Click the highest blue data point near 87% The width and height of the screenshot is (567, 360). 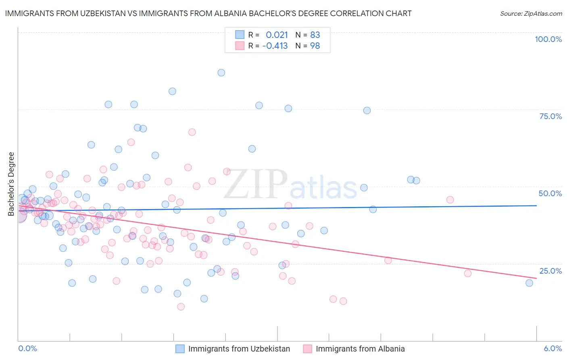[221, 73]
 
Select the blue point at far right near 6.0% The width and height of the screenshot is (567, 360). [529, 283]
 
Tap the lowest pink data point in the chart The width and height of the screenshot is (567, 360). [181, 307]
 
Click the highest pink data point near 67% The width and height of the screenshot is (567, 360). [192, 132]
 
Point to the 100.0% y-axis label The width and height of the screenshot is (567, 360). [548, 39]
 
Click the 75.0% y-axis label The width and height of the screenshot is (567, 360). [550, 116]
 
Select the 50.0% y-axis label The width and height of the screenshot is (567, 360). [550, 193]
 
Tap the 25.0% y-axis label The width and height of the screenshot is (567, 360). [550, 270]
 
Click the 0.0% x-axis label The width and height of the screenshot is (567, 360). [27, 348]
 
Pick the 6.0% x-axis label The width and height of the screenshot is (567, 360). [552, 348]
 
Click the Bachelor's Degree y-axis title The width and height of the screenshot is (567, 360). [11, 184]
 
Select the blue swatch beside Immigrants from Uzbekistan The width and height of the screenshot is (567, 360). [180, 349]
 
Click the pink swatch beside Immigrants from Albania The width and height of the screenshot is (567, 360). [307, 349]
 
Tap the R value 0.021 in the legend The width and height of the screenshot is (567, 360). [277, 35]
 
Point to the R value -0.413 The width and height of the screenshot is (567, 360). [275, 46]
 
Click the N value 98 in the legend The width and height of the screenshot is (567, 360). [315, 46]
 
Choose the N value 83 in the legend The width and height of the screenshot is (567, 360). [315, 35]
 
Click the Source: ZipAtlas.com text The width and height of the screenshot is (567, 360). [531, 13]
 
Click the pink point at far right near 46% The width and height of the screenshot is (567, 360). [450, 200]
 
